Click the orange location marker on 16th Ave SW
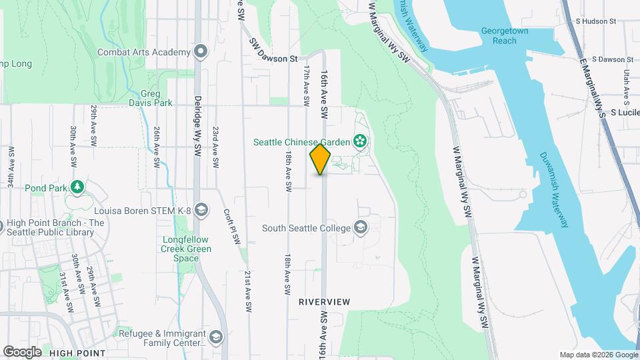[321, 159]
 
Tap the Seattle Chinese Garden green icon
[361, 141]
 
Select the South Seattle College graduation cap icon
[361, 228]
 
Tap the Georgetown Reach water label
[505, 35]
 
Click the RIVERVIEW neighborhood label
[324, 302]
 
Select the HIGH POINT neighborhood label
[77, 353]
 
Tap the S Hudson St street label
[595, 21]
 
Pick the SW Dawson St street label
[274, 59]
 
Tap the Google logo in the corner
[22, 351]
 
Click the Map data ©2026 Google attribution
[597, 355]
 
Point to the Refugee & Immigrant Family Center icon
[216, 338]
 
